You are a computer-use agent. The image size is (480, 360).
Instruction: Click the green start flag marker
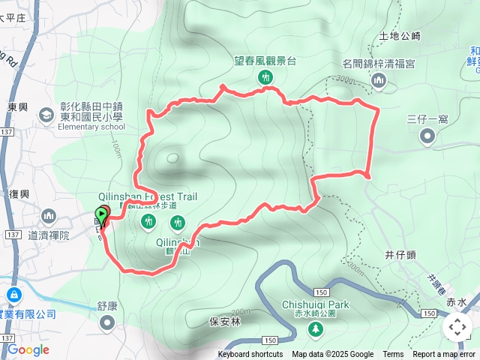point(102,214)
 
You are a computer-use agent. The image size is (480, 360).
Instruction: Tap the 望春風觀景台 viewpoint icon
point(265,77)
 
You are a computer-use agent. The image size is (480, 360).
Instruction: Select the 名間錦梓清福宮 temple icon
point(379,79)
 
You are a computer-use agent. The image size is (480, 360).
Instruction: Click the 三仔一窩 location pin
point(427,136)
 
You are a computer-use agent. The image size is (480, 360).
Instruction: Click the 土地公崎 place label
point(400,35)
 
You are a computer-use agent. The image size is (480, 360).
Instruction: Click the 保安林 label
point(224,321)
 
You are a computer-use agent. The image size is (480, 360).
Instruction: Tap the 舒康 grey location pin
point(108,323)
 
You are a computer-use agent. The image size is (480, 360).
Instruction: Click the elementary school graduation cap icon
point(46,116)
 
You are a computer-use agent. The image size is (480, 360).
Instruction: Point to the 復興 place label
point(19,193)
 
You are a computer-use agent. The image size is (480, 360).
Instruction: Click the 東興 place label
point(18,107)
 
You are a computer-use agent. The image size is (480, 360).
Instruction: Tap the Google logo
point(28,349)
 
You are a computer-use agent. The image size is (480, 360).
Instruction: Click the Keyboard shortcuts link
point(250,355)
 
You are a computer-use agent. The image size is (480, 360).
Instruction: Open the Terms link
point(393,355)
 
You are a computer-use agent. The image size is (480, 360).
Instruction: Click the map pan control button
point(457,327)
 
